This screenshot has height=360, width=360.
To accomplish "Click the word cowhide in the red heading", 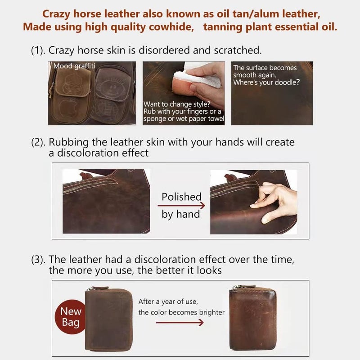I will [169, 27].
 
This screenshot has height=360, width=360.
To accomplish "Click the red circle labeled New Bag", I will [71, 316].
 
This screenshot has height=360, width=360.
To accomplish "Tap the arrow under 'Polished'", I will [181, 206].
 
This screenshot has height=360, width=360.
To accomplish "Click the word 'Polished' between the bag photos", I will [181, 197].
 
